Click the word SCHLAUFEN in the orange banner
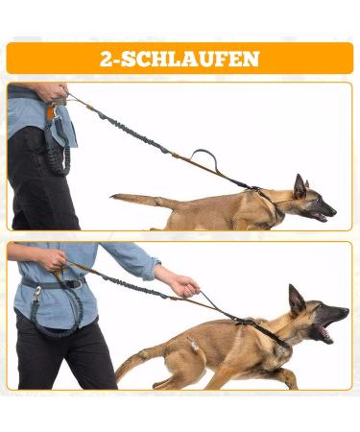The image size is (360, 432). pyautogui.click(x=190, y=59)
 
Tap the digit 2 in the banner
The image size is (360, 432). pyautogui.click(x=106, y=59)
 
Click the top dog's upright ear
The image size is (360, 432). pyautogui.click(x=300, y=186)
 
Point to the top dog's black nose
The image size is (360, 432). pyautogui.click(x=333, y=211)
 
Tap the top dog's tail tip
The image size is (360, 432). pyautogui.click(x=112, y=197)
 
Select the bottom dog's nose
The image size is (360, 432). pyautogui.click(x=346, y=310)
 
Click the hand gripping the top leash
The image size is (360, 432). pyautogui.click(x=53, y=92)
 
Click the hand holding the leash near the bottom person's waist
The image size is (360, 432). pyautogui.click(x=52, y=259)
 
